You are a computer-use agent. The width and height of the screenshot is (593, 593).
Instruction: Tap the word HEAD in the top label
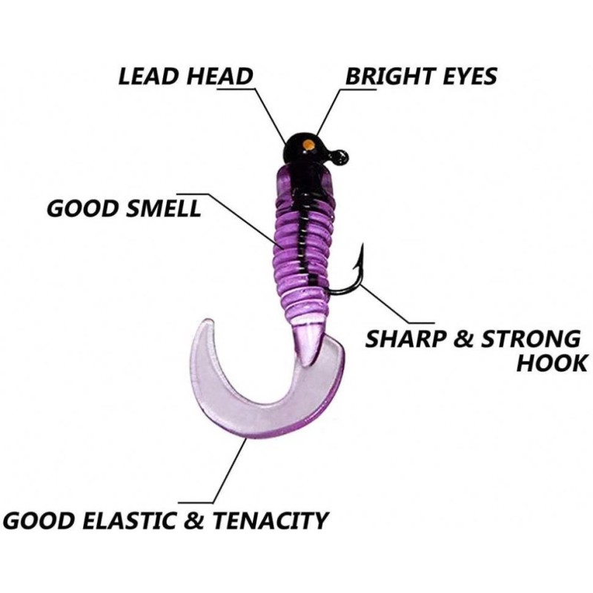point(219,76)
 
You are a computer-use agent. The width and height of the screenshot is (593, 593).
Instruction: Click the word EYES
point(466,76)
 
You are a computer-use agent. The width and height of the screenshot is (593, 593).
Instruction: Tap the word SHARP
point(405,339)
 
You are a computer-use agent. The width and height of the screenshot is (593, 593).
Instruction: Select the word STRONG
point(531,339)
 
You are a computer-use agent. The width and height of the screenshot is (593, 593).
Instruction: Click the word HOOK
point(552,363)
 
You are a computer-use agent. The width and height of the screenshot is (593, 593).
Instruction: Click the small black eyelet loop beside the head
point(341,156)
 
